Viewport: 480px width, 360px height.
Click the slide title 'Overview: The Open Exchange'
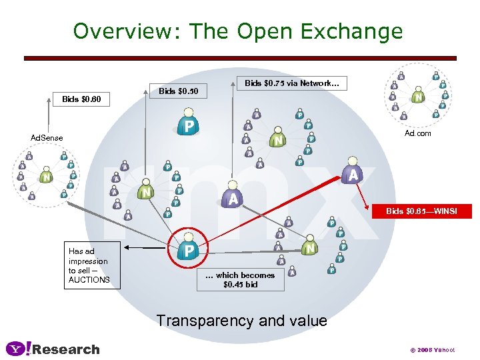pos(238,31)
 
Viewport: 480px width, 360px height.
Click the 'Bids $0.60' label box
pos(81,99)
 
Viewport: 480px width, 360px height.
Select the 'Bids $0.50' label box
pos(178,90)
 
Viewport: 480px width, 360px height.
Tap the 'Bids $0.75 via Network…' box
pos(292,83)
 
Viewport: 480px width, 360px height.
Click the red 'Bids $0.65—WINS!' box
pos(420,211)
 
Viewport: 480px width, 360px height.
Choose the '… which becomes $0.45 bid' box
pos(240,279)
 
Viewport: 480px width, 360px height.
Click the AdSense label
pos(47,138)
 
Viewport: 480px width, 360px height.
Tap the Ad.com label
pos(418,133)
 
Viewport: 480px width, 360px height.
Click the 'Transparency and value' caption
pos(241,321)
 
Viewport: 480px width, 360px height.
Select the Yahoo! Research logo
pos(53,349)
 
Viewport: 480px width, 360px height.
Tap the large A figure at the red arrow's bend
pos(353,173)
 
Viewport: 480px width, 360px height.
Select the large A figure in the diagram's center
pos(233,196)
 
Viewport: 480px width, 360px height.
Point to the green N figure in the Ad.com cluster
pos(418,96)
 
